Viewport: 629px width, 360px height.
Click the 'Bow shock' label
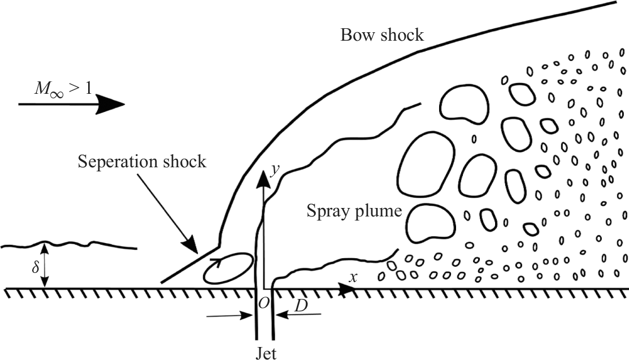(x=381, y=35)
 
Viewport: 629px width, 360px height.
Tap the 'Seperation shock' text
(x=142, y=162)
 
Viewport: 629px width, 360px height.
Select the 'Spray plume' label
(x=354, y=212)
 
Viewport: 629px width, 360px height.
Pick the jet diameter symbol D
(x=301, y=305)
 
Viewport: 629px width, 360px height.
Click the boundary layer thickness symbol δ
(x=35, y=266)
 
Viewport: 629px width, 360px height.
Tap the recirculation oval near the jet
(x=227, y=268)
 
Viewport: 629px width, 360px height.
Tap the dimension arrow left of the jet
(x=229, y=316)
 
